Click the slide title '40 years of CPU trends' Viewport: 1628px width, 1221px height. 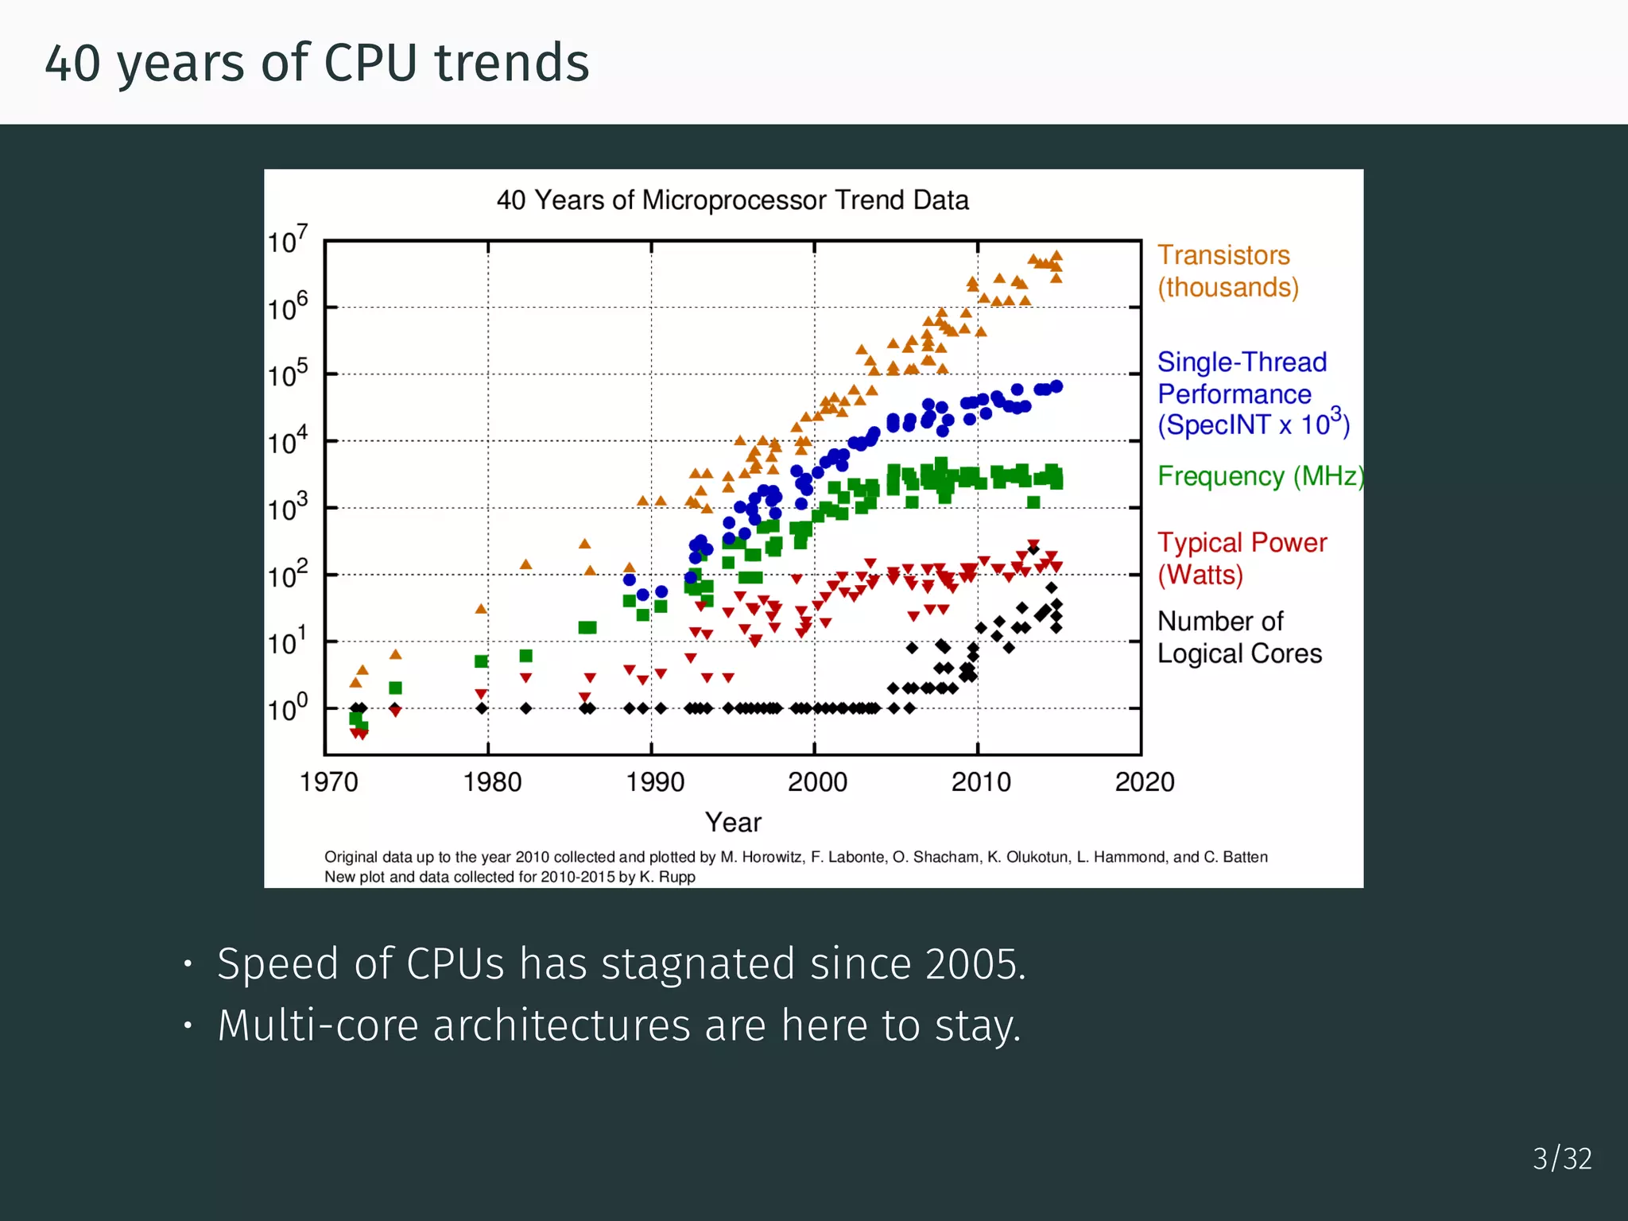pyautogui.click(x=316, y=63)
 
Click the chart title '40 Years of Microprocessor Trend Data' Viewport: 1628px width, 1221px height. pyautogui.click(x=732, y=200)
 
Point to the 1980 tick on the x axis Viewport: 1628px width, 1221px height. pyautogui.click(x=492, y=782)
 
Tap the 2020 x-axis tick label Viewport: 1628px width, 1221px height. pyautogui.click(x=1144, y=782)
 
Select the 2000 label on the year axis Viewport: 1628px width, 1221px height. pyautogui.click(x=817, y=782)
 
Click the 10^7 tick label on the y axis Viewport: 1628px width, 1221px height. pyautogui.click(x=287, y=239)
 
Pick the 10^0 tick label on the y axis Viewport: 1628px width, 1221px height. pyautogui.click(x=287, y=707)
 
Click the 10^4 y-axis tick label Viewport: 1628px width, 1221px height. pyautogui.click(x=287, y=440)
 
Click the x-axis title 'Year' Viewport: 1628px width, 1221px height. pyautogui.click(x=733, y=823)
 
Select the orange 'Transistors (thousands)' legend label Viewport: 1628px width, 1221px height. pyautogui.click(x=1227, y=271)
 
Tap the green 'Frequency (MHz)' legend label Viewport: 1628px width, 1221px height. pyautogui.click(x=1259, y=476)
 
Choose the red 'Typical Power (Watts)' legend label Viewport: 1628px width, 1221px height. pyautogui.click(x=1241, y=558)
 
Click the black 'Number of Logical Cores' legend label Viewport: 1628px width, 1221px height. pyautogui.click(x=1238, y=637)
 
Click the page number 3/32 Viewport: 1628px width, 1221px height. pyautogui.click(x=1562, y=1158)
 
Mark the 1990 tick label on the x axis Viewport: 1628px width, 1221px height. pyautogui.click(x=655, y=782)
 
